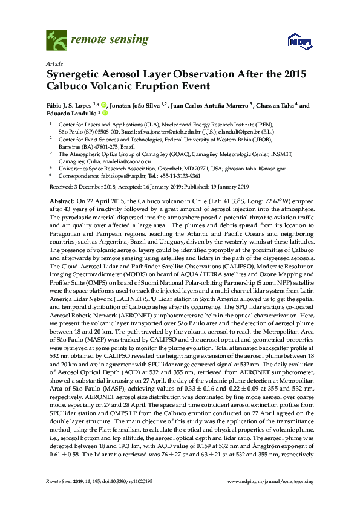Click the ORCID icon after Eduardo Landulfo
(x=105, y=113)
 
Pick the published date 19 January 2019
(x=231, y=186)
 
